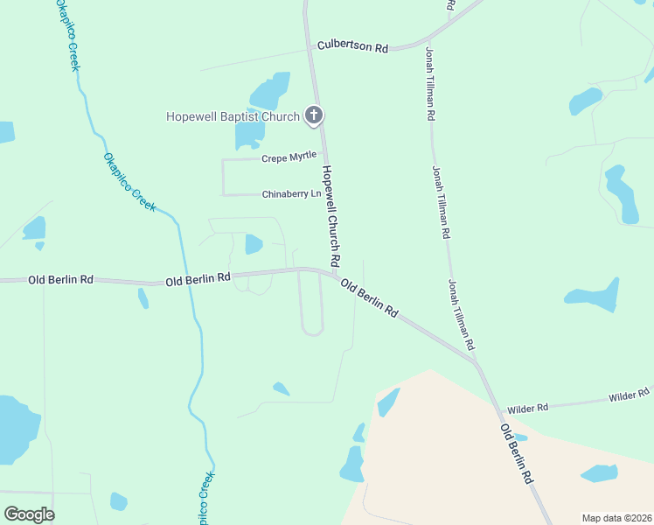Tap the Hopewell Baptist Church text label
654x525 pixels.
click(x=233, y=116)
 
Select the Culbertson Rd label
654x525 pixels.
click(x=352, y=45)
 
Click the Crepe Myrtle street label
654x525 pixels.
click(x=289, y=157)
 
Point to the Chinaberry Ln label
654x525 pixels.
click(x=291, y=194)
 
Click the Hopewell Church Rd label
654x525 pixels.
click(x=330, y=216)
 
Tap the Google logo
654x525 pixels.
click(x=29, y=514)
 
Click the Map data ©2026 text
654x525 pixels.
click(x=616, y=518)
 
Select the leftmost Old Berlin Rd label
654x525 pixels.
click(x=60, y=280)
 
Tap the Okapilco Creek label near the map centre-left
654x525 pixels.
click(x=129, y=182)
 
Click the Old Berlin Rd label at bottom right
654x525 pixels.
click(x=517, y=455)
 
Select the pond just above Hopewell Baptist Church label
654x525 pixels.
click(x=270, y=90)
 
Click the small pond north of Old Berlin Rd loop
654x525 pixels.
click(x=254, y=244)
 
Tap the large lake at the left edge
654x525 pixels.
click(x=16, y=429)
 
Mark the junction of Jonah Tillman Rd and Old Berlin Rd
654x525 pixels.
click(x=476, y=360)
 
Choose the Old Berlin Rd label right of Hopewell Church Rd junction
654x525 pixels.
click(x=369, y=298)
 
